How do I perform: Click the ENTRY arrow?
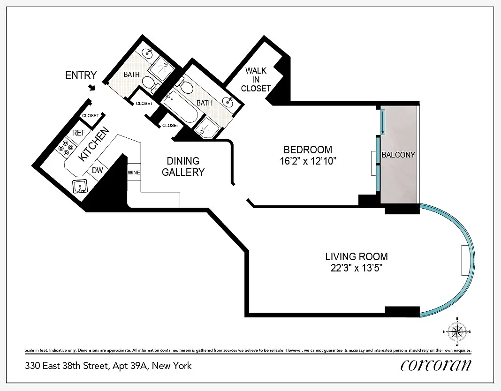pos(92,87)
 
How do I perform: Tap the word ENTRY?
pos(81,75)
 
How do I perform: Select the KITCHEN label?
pos(94,144)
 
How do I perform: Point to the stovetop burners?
pos(66,147)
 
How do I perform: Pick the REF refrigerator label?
pos(79,133)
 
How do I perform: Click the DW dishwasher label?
pos(97,170)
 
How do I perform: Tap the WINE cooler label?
pos(134,173)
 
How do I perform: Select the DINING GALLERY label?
pos(183,166)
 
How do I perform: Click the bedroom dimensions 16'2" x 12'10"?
pos(308,161)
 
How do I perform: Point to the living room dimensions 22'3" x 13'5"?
pos(357,268)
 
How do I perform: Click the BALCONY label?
pos(398,155)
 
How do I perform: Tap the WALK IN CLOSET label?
pos(256,80)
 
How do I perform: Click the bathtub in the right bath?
pos(180,106)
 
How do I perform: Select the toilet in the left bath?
pos(151,84)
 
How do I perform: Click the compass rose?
pos(457,331)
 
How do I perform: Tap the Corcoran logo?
pos(436,365)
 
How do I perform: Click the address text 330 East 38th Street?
pos(67,366)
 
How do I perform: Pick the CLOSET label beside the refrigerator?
pos(91,116)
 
